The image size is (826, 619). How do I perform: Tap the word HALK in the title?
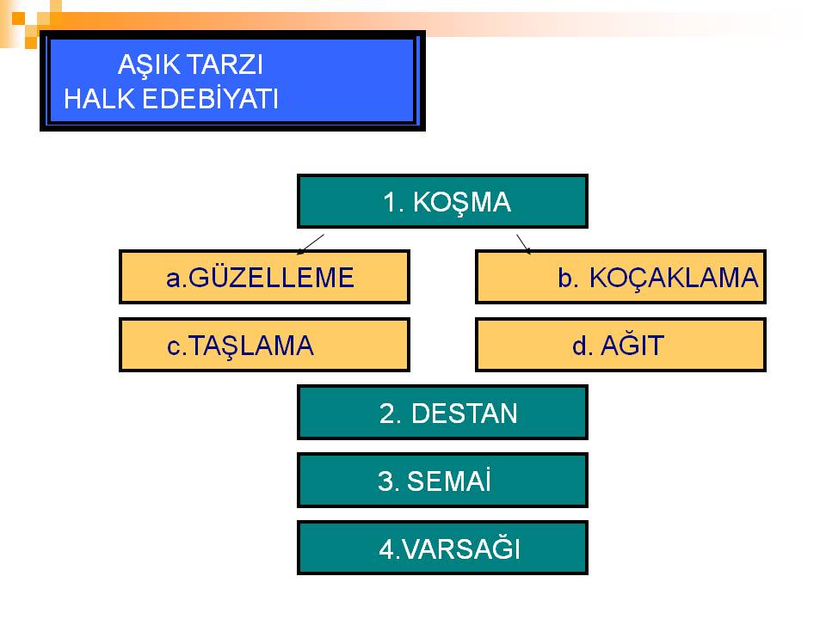point(99,98)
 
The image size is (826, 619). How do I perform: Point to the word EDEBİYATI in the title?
point(210,98)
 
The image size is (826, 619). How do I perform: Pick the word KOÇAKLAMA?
point(673,279)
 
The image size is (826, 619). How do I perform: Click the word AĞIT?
point(632,345)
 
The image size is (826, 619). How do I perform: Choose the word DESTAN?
point(464,414)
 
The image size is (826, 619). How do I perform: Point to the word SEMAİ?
point(449,480)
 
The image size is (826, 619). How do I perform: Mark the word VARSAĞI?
point(461,548)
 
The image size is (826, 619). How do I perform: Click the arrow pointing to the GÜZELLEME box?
point(311,244)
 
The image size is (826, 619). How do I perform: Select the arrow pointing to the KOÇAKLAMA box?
point(524,244)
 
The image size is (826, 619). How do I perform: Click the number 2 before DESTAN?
point(387,414)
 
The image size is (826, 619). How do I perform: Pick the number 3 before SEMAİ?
point(385,481)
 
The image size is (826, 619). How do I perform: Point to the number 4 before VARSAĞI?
point(386,549)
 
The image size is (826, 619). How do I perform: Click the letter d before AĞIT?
point(580,346)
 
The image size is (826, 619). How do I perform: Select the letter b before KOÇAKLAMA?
point(565,278)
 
